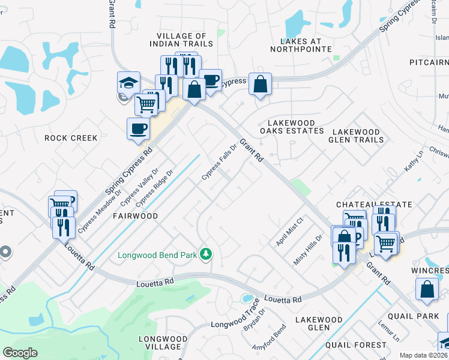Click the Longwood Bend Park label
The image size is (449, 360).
[x=158, y=254]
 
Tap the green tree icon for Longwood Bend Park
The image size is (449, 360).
[x=206, y=254]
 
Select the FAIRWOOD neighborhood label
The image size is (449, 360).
[x=135, y=216]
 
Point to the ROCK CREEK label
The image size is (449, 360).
[x=71, y=138]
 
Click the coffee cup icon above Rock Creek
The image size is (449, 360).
[x=138, y=128]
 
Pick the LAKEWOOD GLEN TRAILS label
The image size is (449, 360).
[x=356, y=136]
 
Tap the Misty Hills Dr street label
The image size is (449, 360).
[x=308, y=250]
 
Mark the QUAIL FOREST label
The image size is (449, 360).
[x=356, y=345]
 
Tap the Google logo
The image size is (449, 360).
[x=20, y=353]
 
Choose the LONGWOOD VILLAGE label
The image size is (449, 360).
[x=160, y=343]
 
